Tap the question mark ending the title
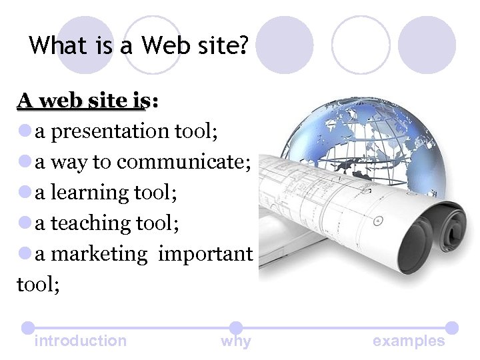242,45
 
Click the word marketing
98,254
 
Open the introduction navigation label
80,341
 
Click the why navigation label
236,341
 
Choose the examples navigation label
409,341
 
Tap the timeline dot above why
236,327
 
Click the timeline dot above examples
451,327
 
